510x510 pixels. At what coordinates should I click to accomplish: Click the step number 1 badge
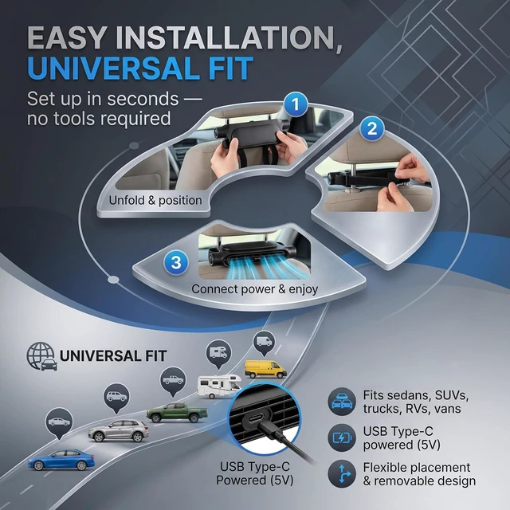(296, 104)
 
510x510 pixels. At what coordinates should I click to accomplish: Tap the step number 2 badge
(372, 128)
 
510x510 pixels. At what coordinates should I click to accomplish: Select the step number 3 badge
(176, 262)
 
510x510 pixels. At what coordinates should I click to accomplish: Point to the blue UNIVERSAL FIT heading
(140, 69)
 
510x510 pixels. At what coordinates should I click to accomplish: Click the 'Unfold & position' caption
(155, 200)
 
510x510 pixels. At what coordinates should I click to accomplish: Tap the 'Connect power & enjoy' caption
(255, 288)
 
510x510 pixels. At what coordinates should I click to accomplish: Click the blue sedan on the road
(61, 460)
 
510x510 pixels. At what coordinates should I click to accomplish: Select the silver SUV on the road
(119, 430)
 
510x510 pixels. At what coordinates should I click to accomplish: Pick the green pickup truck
(177, 413)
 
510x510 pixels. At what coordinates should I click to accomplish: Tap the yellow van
(265, 369)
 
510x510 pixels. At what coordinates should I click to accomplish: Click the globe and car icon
(42, 356)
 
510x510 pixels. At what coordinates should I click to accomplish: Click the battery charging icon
(342, 437)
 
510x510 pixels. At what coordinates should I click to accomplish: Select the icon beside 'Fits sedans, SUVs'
(342, 402)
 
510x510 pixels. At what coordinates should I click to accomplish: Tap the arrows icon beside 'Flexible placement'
(342, 474)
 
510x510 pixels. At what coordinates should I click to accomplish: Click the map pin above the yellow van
(264, 343)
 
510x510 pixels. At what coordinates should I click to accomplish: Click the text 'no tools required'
(99, 118)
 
